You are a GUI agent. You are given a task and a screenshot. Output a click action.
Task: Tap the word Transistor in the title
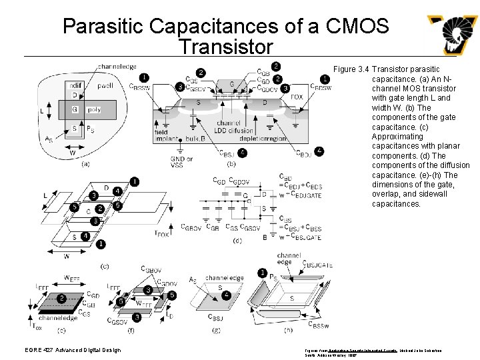pyautogui.click(x=226, y=47)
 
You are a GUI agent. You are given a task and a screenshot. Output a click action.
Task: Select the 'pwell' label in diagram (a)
pyautogui.click(x=105, y=86)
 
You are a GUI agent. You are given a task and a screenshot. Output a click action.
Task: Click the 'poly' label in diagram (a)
pyautogui.click(x=95, y=109)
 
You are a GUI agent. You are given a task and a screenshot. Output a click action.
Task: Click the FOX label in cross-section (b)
pyautogui.click(x=297, y=97)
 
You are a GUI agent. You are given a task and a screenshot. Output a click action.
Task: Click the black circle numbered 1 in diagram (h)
pyautogui.click(x=263, y=273)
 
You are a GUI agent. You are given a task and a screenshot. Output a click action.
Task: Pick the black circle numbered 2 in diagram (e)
pyautogui.click(x=61, y=297)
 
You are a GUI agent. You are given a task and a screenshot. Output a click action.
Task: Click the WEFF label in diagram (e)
pyautogui.click(x=73, y=279)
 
